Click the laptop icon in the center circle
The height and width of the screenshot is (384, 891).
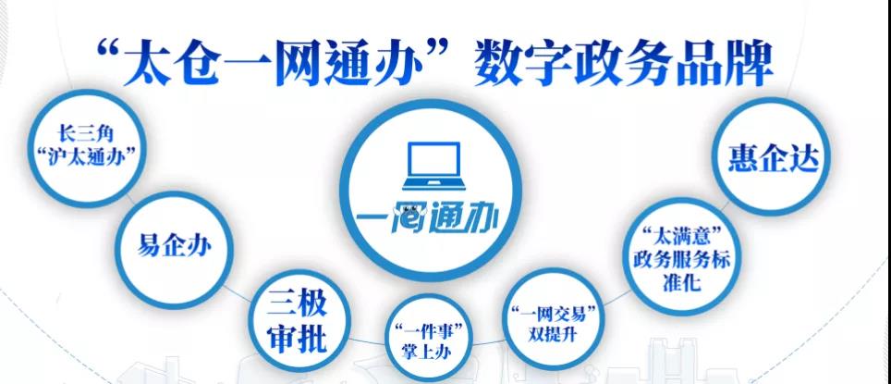[433, 167]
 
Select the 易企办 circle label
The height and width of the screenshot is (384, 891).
[175, 247]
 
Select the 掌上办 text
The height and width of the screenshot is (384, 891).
[427, 353]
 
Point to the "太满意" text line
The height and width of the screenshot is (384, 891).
[680, 236]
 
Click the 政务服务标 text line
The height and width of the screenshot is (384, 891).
[681, 259]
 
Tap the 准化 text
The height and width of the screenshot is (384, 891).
[681, 283]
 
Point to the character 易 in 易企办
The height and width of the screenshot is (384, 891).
[149, 247]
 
